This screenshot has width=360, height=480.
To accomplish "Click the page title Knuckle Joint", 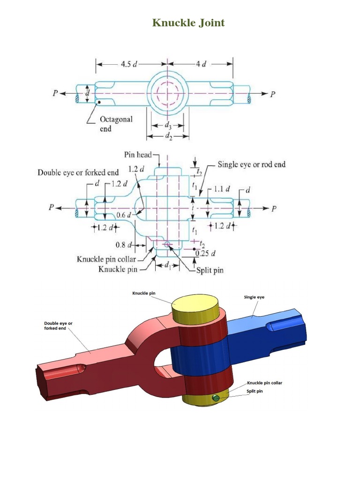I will [188, 22].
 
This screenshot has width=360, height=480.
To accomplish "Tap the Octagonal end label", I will [115, 123].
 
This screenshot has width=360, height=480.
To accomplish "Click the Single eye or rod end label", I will [251, 165].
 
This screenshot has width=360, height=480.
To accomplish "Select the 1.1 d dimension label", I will [222, 189].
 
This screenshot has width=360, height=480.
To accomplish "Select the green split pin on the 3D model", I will [216, 398].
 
